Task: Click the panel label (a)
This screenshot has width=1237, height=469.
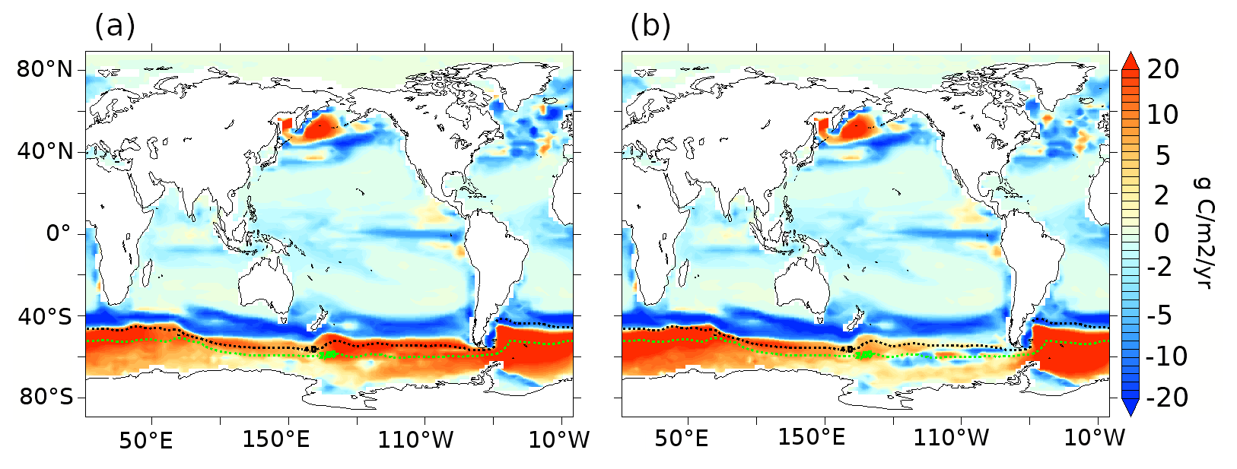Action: point(115,27)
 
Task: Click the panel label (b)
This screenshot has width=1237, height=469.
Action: point(650,27)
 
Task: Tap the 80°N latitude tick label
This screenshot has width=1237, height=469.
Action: point(45,70)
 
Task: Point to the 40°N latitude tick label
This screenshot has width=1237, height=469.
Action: point(45,152)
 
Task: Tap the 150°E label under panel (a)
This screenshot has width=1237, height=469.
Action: point(276,439)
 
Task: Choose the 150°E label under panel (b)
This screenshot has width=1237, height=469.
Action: point(812,439)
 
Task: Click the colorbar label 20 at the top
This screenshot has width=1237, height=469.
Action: point(1162,70)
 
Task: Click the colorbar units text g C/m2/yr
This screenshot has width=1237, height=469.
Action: point(1201,233)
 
